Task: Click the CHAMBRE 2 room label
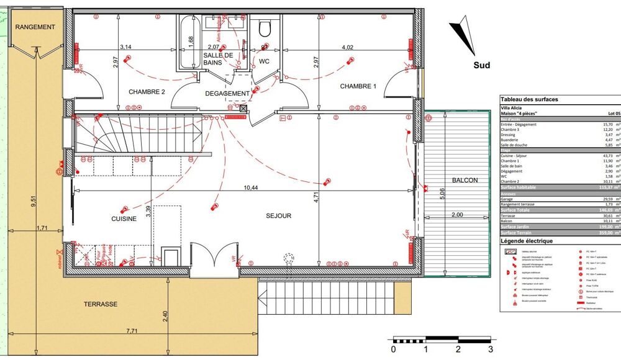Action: (147, 92)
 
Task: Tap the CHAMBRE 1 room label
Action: (358, 86)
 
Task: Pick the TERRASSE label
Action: (101, 305)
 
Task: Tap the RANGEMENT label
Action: (35, 27)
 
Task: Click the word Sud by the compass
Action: (481, 65)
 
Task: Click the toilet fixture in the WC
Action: (266, 28)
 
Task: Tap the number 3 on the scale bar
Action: (490, 350)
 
